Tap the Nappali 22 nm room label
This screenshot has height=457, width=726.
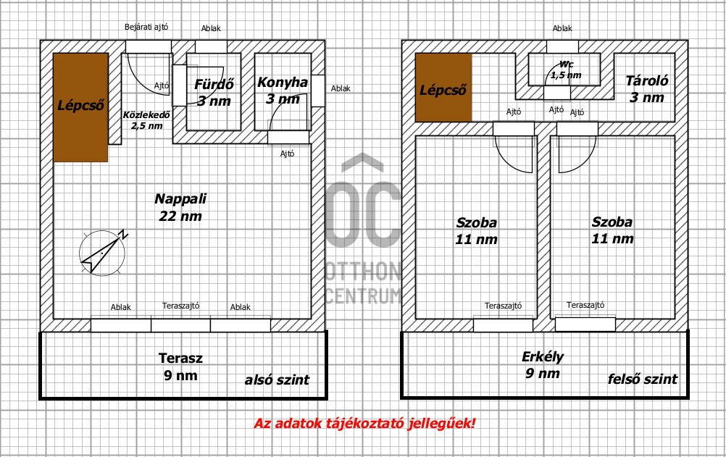180,207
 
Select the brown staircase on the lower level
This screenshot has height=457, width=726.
80,106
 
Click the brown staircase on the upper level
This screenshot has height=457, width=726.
443,87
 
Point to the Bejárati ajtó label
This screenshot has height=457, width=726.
146,27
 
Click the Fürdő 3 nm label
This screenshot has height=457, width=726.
212,92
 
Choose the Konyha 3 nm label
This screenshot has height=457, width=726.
283,91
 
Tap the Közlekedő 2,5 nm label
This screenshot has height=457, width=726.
146,120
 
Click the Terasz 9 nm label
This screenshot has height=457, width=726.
180,366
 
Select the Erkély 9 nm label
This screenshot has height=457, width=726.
543,364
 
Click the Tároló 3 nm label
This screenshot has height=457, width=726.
646,89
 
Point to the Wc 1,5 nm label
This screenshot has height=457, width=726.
565,70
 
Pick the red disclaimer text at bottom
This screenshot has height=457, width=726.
364,423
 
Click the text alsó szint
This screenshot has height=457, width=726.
277,380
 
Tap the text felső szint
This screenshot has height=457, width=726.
643,379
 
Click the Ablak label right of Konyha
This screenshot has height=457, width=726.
341,88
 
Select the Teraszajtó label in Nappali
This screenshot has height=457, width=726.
181,306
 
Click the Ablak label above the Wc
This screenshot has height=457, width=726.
562,28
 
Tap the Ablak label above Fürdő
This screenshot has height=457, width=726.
211,28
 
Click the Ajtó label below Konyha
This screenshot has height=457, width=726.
288,153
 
